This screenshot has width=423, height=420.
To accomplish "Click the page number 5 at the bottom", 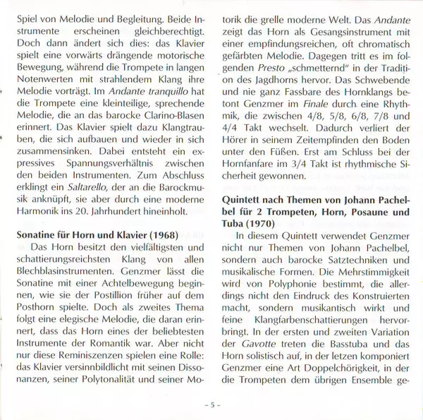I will coord(211,405).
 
